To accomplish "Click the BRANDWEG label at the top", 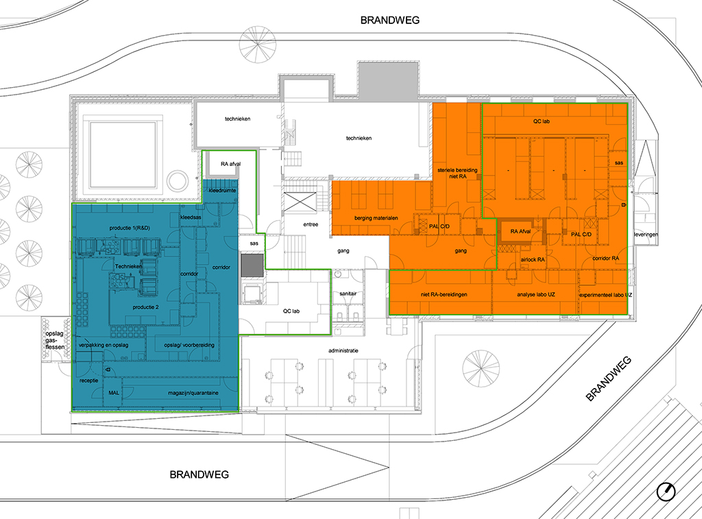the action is (390, 20).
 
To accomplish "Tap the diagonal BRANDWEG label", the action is (609, 378).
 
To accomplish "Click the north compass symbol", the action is (666, 492).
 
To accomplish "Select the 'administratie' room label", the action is (343, 350).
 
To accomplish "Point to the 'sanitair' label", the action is (348, 293).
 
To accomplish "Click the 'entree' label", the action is (311, 224).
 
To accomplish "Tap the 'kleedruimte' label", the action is (222, 191).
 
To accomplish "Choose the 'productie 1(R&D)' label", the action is (130, 228).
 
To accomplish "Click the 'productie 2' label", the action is (145, 307).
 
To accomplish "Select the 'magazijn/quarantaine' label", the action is (193, 393).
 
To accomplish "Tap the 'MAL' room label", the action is (114, 393).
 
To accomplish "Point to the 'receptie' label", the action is (88, 381).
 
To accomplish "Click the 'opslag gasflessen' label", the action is (55, 340).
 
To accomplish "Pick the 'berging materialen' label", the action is (376, 218).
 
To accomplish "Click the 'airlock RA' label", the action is (533, 260).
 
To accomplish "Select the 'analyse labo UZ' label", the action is (536, 295).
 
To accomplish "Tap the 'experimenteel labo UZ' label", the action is (606, 295).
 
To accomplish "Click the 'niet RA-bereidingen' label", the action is (444, 295).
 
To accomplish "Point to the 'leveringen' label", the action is (646, 234).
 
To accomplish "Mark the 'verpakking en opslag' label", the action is (104, 346).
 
